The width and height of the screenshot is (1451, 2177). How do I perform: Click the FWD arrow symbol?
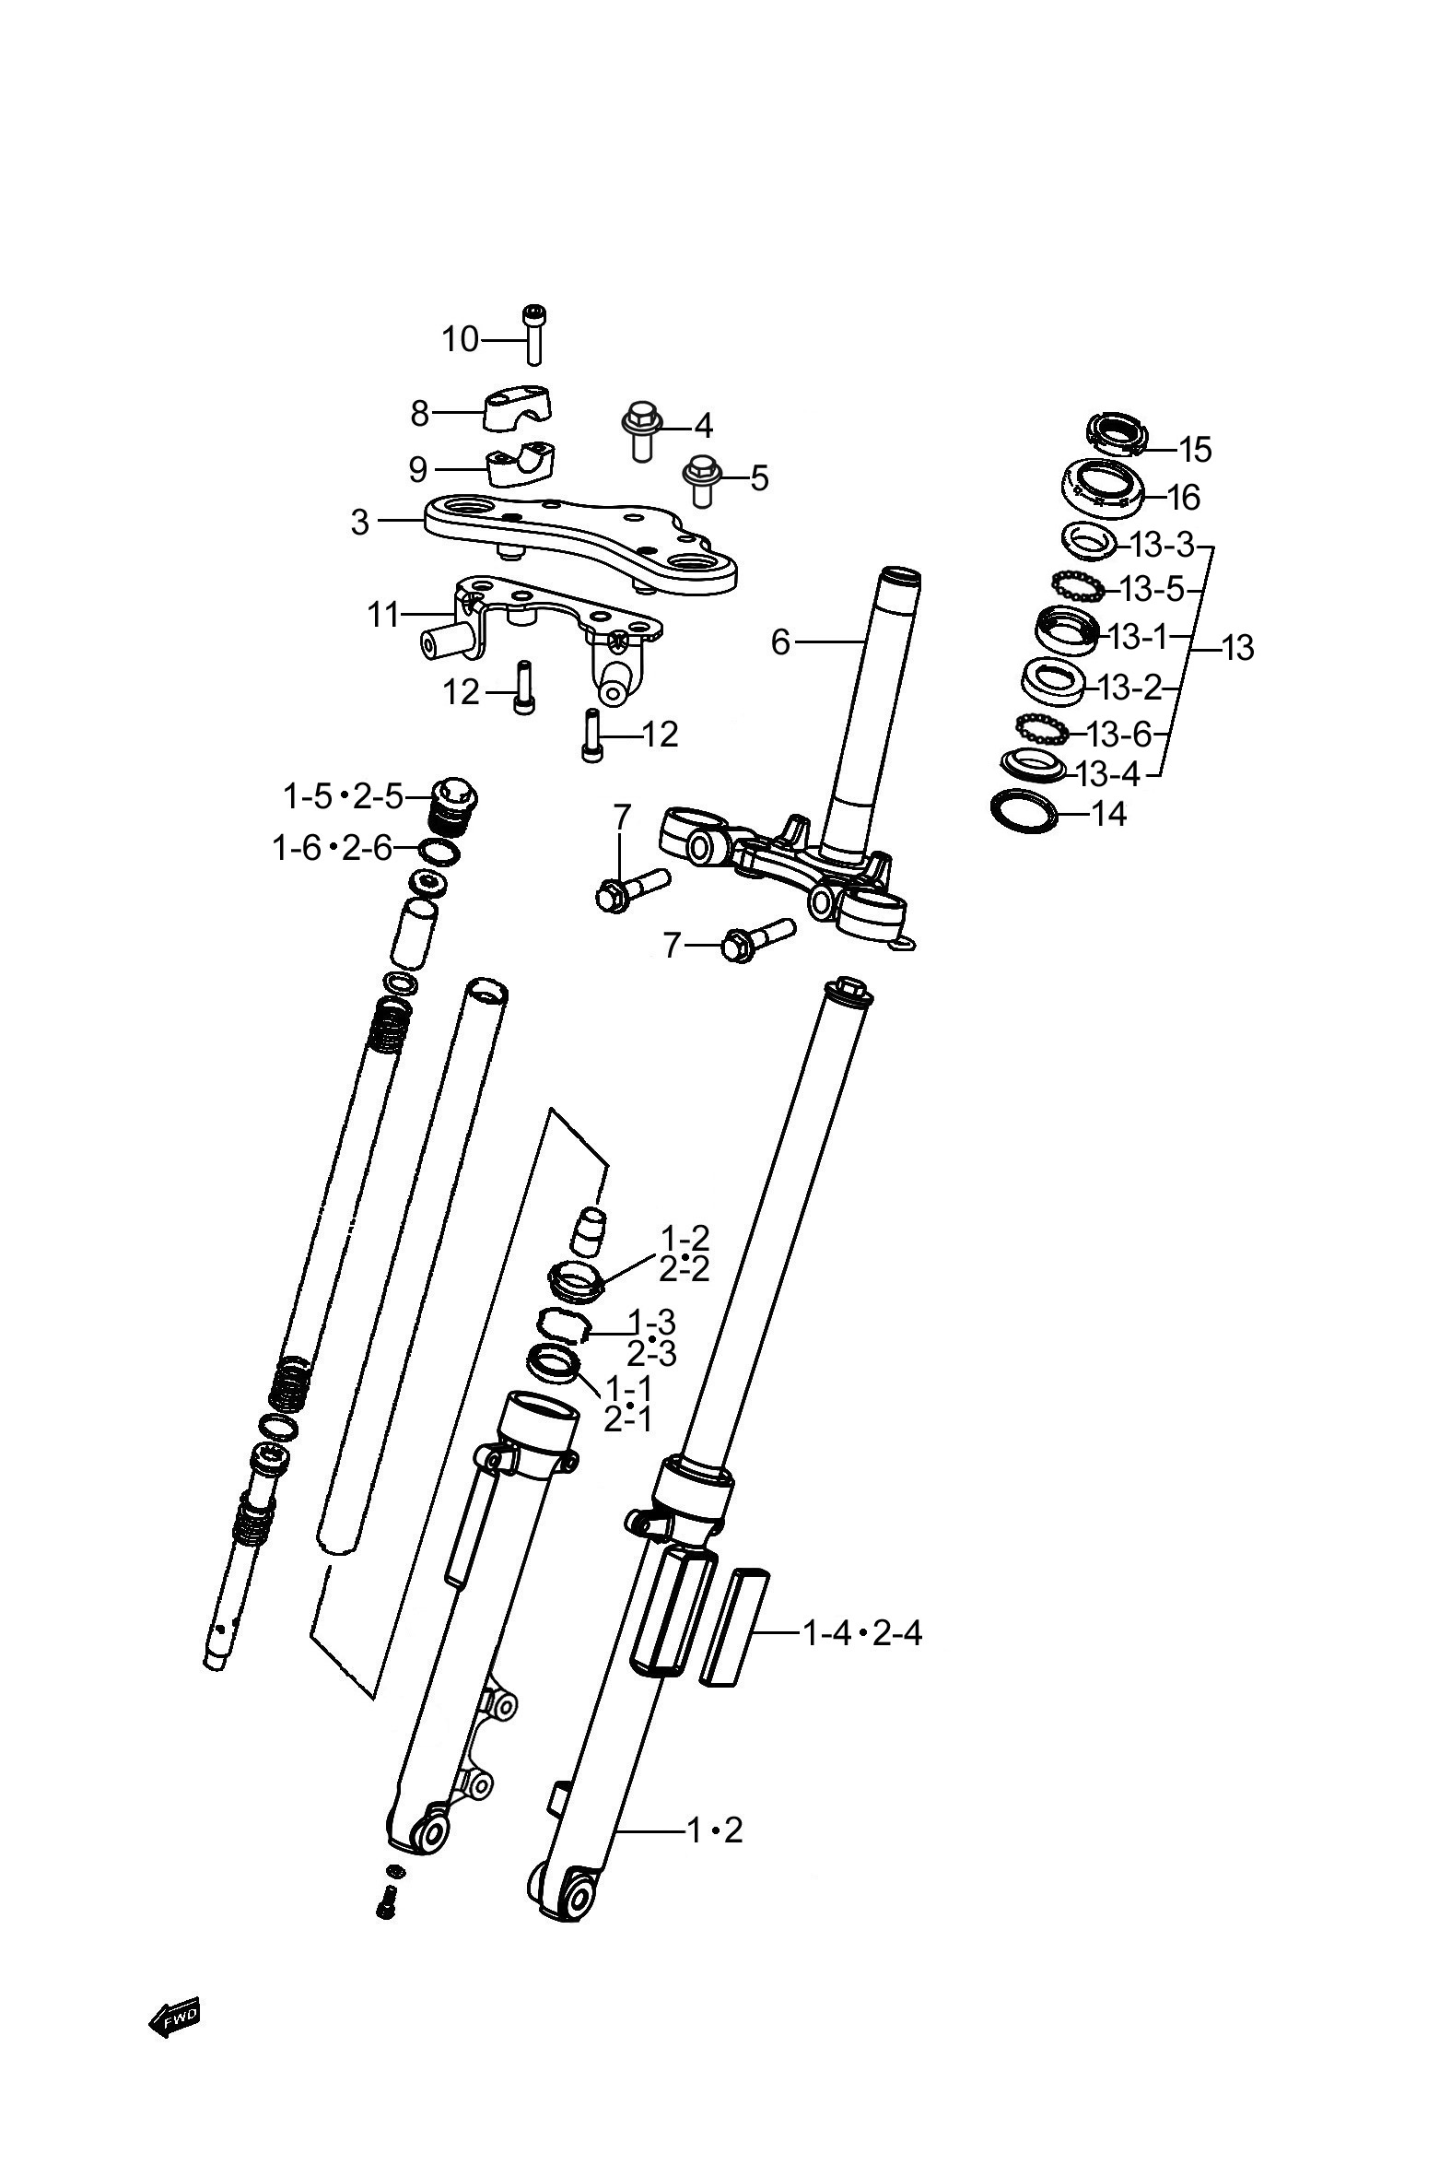[174, 2018]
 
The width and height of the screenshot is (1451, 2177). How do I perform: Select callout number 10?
[460, 340]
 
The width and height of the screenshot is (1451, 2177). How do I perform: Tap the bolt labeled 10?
[533, 335]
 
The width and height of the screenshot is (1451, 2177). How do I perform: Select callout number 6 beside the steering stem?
[781, 641]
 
